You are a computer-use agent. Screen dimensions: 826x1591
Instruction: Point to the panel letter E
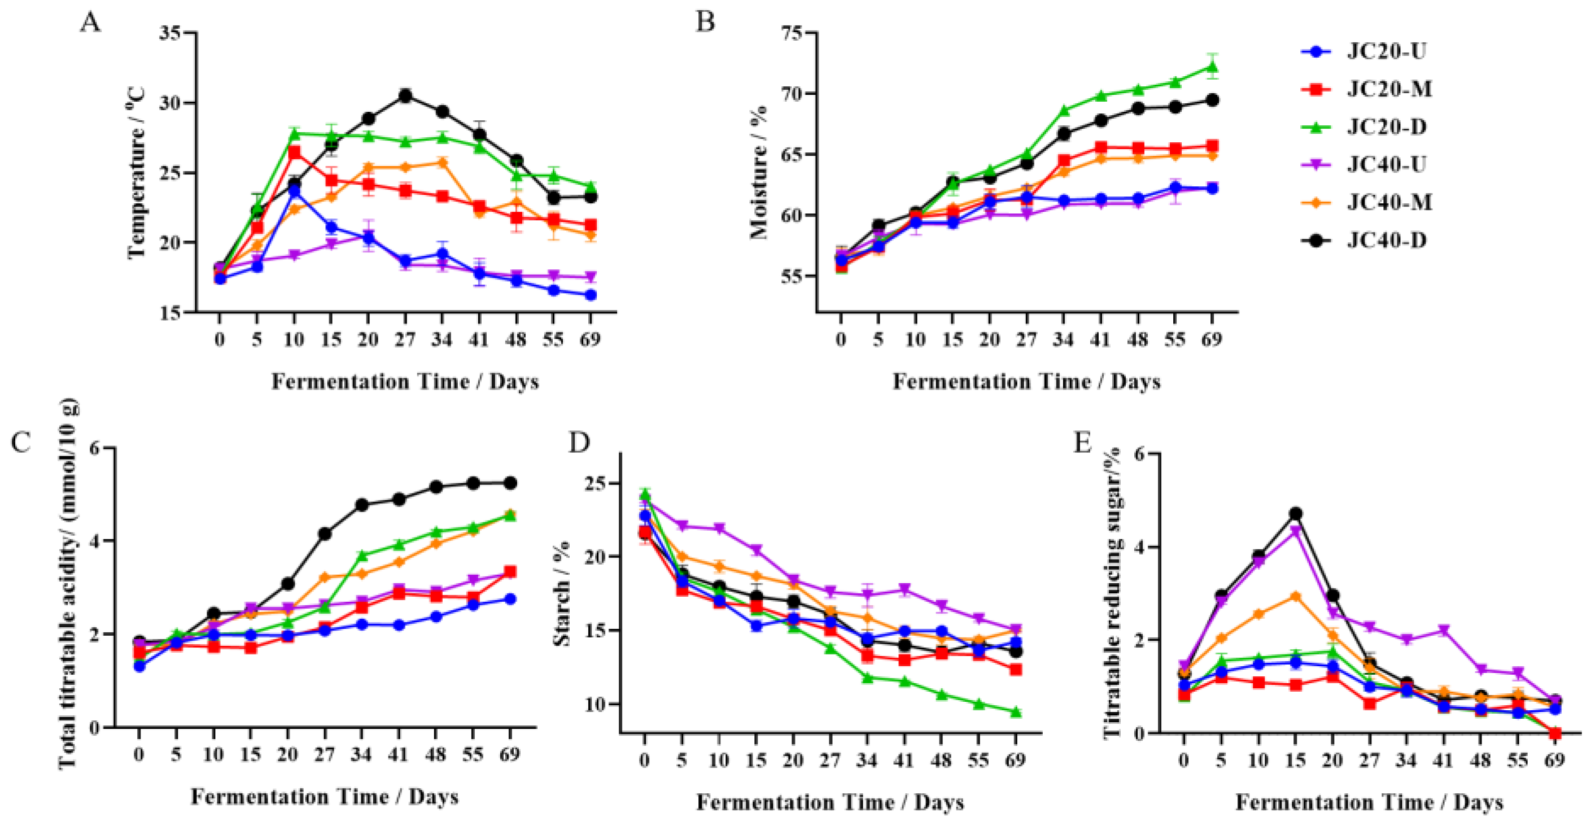(x=1083, y=442)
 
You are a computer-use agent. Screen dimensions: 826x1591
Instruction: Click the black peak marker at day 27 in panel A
(x=405, y=96)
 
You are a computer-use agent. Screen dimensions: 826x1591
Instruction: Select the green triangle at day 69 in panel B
(x=1212, y=67)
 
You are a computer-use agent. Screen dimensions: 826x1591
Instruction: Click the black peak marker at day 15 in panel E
(x=1296, y=513)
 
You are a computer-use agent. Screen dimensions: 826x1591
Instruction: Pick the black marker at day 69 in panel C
(x=510, y=483)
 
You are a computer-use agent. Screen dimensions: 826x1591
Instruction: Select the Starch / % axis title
(x=562, y=593)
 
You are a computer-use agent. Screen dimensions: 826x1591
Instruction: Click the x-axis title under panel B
(x=1026, y=382)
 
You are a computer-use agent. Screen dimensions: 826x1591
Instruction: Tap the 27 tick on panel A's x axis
(x=405, y=339)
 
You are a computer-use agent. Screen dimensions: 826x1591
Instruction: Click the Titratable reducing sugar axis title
(x=1112, y=593)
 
